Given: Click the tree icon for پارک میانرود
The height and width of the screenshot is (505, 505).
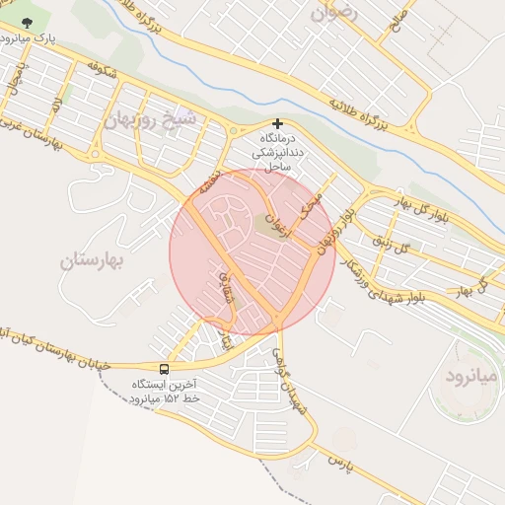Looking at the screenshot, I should point(26,23).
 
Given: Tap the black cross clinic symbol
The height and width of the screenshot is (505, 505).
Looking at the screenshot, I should point(278,124).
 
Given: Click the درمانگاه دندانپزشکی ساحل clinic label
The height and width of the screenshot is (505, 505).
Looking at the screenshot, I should point(272,153).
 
